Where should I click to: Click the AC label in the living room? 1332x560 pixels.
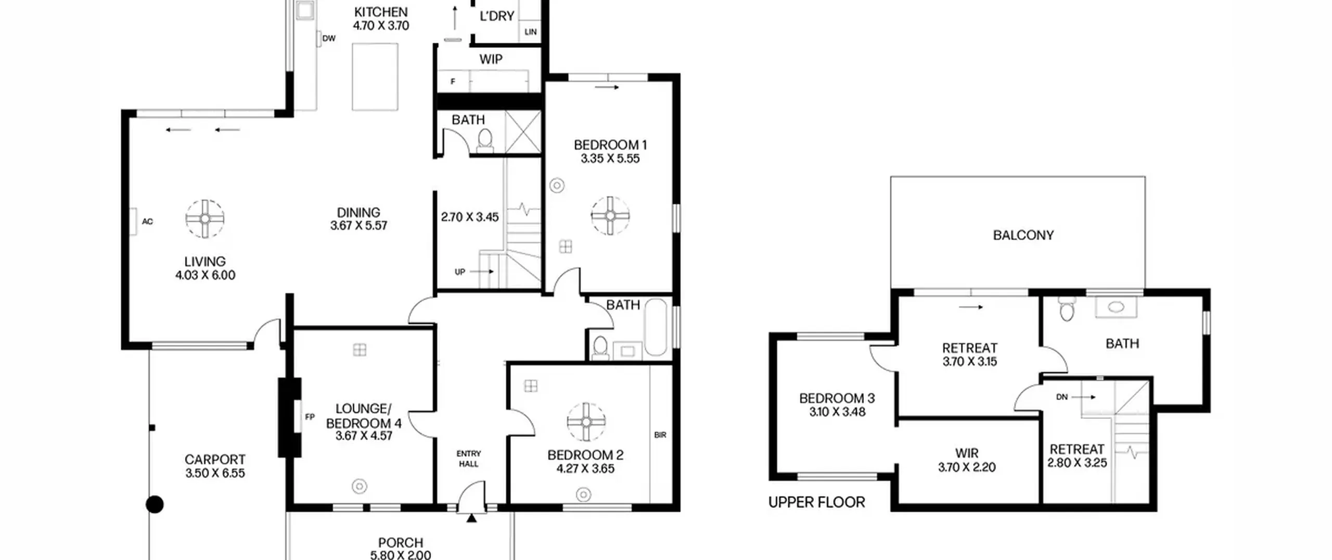click(x=147, y=222)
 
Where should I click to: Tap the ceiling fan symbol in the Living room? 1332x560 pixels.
click(x=205, y=219)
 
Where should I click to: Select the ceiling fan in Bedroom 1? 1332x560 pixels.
click(x=610, y=215)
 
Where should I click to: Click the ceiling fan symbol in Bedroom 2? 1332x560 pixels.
click(x=586, y=422)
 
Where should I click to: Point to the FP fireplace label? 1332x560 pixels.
click(x=310, y=417)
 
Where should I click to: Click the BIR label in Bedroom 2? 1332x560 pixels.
click(x=660, y=435)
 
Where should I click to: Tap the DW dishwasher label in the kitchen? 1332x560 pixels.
click(x=329, y=39)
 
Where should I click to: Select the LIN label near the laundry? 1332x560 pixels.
click(x=531, y=32)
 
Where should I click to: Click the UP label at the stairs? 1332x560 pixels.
click(x=460, y=272)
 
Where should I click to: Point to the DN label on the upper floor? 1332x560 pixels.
click(x=1062, y=397)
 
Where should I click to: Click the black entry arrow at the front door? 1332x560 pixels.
click(x=471, y=518)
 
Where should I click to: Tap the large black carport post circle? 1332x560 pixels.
click(x=155, y=504)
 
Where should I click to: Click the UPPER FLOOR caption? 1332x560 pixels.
click(x=816, y=502)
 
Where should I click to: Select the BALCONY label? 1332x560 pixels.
click(x=1023, y=235)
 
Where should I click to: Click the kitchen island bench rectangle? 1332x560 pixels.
click(x=375, y=77)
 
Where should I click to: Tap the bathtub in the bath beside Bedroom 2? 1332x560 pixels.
click(x=656, y=327)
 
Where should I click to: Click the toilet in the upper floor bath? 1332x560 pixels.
click(x=1067, y=309)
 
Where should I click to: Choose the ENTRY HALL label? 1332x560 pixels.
click(x=469, y=459)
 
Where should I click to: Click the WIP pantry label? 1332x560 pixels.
click(x=491, y=59)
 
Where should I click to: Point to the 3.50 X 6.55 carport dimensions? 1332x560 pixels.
click(x=215, y=474)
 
